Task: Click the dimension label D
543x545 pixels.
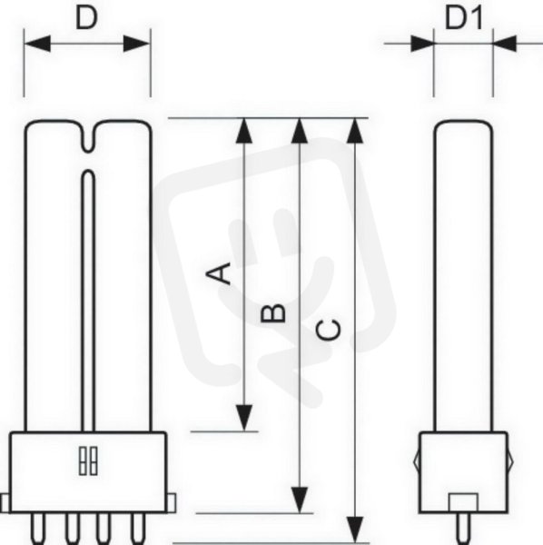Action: coord(86,17)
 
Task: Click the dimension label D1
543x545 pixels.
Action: coord(464,18)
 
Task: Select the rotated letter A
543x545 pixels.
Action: coord(219,273)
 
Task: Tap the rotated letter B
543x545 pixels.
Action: coord(272,312)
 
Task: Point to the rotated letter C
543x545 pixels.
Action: coord(329,329)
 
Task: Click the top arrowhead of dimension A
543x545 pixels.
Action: coord(244,130)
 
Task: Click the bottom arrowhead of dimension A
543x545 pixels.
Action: coord(244,418)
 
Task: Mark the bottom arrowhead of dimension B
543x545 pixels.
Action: coord(300,500)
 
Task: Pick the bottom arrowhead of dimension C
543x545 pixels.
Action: coord(355,530)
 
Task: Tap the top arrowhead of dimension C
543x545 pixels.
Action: coord(355,131)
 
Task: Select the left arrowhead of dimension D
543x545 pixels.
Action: coord(37,44)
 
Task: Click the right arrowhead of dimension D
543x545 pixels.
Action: coord(137,44)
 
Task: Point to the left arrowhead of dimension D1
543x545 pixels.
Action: coord(422,44)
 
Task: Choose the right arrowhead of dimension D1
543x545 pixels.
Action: coord(505,44)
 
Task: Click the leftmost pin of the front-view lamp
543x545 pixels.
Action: coord(37,529)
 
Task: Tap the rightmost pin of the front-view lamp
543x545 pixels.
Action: coord(138,529)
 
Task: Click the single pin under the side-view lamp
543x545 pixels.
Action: coord(463,529)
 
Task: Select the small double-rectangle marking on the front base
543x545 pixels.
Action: coord(88,461)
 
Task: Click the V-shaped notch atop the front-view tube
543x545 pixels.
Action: coord(89,137)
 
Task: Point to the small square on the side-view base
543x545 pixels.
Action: coord(463,502)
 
